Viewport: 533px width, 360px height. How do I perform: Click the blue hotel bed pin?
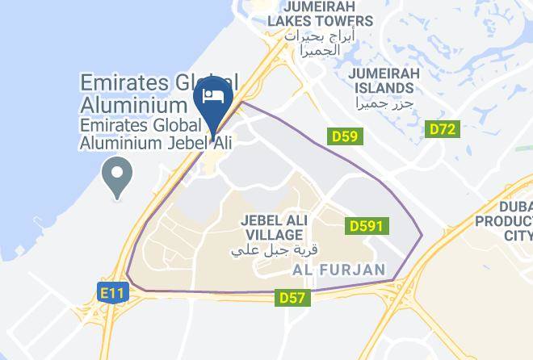point(214,98)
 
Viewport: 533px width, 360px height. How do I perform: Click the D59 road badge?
point(345,136)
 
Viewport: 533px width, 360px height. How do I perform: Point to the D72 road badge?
point(442,128)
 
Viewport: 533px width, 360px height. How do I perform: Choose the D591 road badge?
point(366,228)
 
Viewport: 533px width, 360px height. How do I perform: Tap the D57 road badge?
point(292,298)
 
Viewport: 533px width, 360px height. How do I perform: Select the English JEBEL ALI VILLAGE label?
point(271,227)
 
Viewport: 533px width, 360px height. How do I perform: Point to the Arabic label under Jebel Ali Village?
point(270,249)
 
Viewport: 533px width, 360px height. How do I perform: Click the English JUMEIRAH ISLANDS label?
point(384,81)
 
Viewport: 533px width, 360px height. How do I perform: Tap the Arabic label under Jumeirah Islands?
point(384,103)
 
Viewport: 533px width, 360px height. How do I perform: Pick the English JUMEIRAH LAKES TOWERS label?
point(321,14)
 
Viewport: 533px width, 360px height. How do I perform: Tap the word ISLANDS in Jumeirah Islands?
point(384,88)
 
